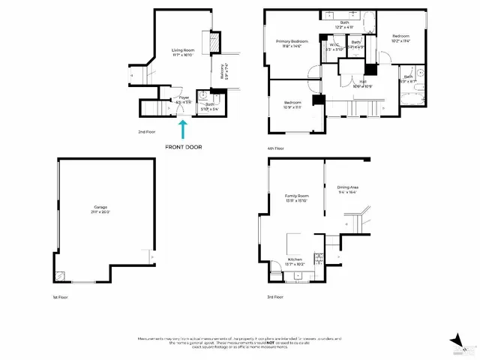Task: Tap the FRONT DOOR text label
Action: point(183,146)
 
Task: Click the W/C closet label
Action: point(334,47)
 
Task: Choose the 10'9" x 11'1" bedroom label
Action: point(292,105)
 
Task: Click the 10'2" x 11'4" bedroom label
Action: point(402,38)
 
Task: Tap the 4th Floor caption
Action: point(275,148)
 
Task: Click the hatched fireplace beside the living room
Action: point(214,43)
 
